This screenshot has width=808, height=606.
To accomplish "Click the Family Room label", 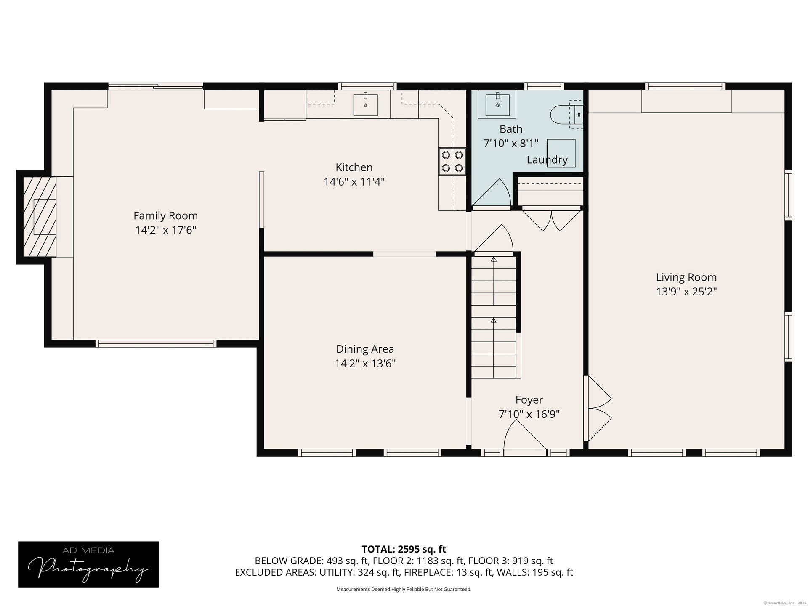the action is (x=165, y=216).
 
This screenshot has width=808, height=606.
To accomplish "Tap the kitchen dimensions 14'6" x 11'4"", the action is (x=354, y=182).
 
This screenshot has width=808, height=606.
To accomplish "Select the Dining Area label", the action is (x=365, y=349).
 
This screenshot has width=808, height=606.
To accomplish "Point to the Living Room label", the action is (x=686, y=278).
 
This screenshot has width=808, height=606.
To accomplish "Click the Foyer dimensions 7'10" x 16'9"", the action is (x=529, y=414).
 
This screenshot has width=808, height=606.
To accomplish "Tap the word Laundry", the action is (x=547, y=160).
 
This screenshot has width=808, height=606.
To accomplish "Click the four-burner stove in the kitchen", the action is (x=452, y=161).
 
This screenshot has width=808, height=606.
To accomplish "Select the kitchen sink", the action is (x=365, y=104).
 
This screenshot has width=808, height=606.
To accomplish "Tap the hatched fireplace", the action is (x=40, y=216).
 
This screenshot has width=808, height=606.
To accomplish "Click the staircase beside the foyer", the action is (x=493, y=317).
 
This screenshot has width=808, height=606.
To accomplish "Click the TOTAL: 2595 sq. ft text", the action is (x=404, y=549).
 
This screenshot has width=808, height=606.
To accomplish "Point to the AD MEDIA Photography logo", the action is (x=88, y=564).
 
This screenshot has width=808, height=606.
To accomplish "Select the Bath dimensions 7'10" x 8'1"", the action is (x=511, y=144).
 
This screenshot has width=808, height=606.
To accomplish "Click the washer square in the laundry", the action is (x=561, y=153).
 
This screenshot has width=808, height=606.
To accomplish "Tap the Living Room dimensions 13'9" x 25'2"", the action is (x=686, y=292).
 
